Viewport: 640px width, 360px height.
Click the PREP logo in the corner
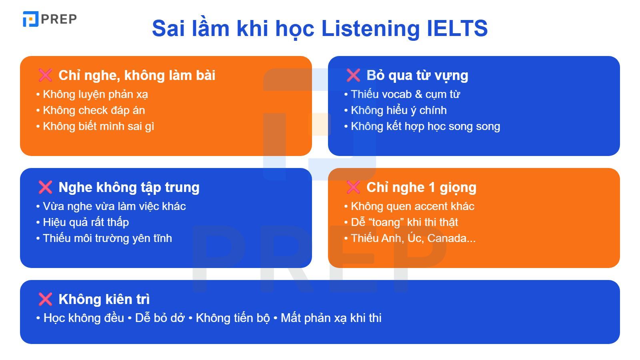click(50, 19)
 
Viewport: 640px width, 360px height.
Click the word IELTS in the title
click(457, 28)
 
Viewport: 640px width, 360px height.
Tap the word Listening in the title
click(370, 28)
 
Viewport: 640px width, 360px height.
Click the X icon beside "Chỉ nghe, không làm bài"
click(45, 75)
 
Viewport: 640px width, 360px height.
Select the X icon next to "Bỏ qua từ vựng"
click(353, 75)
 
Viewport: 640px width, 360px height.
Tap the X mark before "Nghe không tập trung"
click(45, 187)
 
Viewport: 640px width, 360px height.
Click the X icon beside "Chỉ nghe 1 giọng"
click(353, 187)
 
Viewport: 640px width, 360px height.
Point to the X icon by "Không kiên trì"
click(45, 299)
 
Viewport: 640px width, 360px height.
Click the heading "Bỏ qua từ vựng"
click(417, 75)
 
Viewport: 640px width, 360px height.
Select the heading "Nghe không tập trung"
click(129, 187)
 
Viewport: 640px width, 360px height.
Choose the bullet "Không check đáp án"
click(94, 110)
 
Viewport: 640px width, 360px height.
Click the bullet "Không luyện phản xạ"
click(95, 94)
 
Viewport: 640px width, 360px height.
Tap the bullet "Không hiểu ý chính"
click(398, 110)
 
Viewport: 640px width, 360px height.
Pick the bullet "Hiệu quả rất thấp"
click(86, 222)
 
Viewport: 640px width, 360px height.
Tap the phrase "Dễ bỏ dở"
click(160, 318)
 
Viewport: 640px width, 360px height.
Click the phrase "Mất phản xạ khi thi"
click(331, 318)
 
